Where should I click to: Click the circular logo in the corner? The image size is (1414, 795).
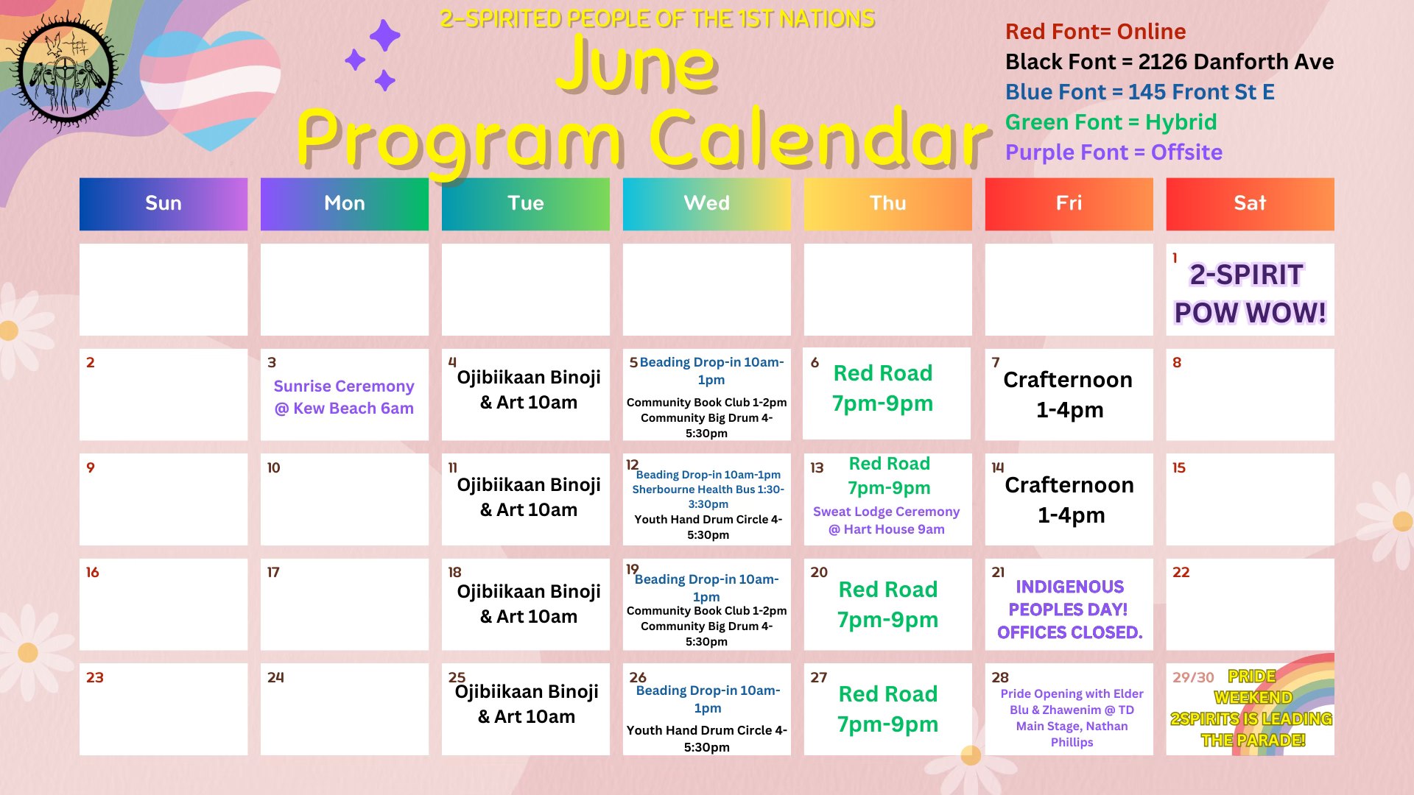click(x=66, y=72)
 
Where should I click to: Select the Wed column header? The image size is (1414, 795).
click(x=707, y=204)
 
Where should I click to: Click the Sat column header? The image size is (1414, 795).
click(x=1250, y=204)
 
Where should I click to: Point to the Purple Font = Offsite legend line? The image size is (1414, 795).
click(x=1114, y=152)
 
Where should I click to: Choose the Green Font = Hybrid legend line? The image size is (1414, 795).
click(x=1111, y=122)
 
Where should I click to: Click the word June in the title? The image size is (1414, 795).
click(x=637, y=65)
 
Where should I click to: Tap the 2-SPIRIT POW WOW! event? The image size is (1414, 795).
click(x=1250, y=294)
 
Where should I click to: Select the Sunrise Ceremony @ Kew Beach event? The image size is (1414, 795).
click(x=344, y=397)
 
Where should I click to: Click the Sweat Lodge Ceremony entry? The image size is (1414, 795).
click(x=887, y=520)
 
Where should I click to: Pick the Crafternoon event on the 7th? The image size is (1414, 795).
click(x=1069, y=395)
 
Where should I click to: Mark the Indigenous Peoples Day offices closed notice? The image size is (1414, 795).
click(x=1069, y=609)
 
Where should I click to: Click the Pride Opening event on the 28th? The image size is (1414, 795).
click(x=1072, y=718)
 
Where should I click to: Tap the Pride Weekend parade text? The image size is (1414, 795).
click(x=1252, y=708)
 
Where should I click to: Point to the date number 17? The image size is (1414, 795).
click(x=273, y=572)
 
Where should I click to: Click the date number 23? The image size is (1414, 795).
click(x=95, y=677)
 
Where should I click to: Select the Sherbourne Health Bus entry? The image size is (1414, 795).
click(x=708, y=497)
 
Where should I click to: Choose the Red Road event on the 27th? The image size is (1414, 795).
click(x=887, y=709)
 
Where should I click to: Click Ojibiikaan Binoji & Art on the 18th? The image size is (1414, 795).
click(x=529, y=604)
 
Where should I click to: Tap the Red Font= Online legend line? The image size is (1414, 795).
click(x=1095, y=32)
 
